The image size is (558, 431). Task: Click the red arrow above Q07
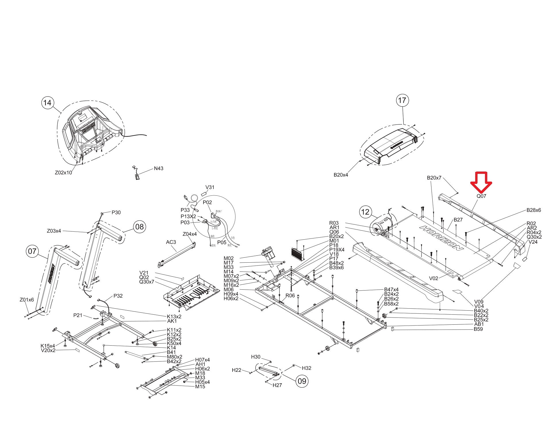(481, 182)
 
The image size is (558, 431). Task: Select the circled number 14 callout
(47, 102)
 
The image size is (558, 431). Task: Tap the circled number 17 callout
(402, 100)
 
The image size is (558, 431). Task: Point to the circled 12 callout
(365, 212)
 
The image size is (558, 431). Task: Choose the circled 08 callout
(139, 227)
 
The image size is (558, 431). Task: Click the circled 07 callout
(32, 251)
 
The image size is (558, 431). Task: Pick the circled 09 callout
(302, 381)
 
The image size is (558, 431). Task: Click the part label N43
(158, 168)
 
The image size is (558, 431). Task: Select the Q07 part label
(481, 196)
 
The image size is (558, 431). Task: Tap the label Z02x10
(64, 173)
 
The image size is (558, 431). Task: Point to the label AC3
(171, 242)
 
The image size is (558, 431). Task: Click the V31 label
(210, 187)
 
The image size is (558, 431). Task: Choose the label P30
(116, 212)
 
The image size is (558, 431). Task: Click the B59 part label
(478, 329)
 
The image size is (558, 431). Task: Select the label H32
(306, 368)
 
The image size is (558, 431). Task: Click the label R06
(290, 295)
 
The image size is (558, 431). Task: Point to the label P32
(118, 296)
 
